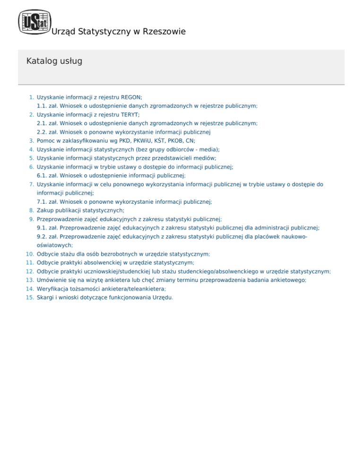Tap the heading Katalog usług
pyautogui.click(x=54, y=61)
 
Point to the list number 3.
pyautogui.click(x=32, y=140)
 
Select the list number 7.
pyautogui.click(x=32, y=184)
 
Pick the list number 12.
pyautogui.click(x=30, y=271)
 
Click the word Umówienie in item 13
pyautogui.click(x=51, y=280)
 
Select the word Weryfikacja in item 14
pyautogui.click(x=52, y=288)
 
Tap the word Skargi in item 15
pyautogui.click(x=45, y=297)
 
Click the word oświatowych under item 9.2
pyautogui.click(x=54, y=245)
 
